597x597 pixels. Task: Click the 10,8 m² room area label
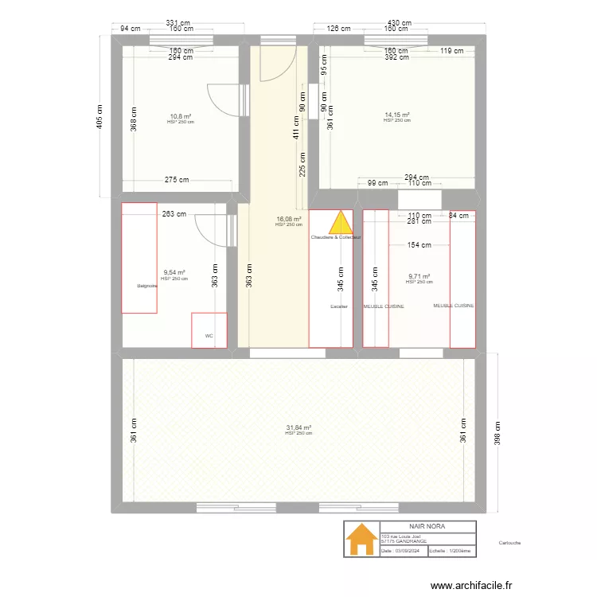[x=180, y=116]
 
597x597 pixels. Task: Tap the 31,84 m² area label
[x=298, y=427]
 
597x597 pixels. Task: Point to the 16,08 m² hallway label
[x=289, y=220]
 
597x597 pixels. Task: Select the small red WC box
[x=209, y=330]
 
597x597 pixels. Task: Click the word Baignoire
[x=147, y=286]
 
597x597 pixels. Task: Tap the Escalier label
[x=339, y=306]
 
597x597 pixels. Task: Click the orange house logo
[x=361, y=539]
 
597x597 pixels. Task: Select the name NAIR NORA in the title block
[x=427, y=526]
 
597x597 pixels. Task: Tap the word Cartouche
[x=509, y=543]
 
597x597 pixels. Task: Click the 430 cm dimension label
[x=399, y=24]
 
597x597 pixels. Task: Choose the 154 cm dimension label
[x=419, y=245]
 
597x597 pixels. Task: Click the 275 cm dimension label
[x=178, y=181]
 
